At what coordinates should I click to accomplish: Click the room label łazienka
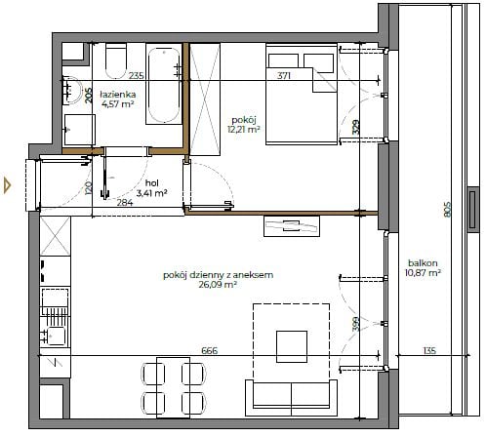(x=118, y=95)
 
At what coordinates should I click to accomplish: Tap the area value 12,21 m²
(x=244, y=130)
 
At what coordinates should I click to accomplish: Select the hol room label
(x=152, y=183)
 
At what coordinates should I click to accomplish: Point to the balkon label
(x=423, y=263)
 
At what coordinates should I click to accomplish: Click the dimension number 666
(x=210, y=351)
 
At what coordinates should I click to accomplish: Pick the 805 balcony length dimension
(x=448, y=210)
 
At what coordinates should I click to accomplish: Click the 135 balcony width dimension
(x=429, y=351)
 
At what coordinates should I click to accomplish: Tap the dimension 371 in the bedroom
(x=284, y=76)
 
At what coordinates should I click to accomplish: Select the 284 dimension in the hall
(x=125, y=203)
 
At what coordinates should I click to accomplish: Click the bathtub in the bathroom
(x=164, y=85)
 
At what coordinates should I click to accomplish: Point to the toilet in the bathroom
(x=116, y=61)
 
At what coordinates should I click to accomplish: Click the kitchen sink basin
(x=57, y=336)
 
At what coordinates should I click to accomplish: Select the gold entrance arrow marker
(x=7, y=185)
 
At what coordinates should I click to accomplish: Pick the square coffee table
(x=292, y=346)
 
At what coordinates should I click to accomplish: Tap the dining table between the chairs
(x=173, y=387)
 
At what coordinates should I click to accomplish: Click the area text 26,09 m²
(x=218, y=285)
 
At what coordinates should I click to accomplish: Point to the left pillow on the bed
(x=283, y=60)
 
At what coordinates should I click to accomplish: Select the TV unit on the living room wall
(x=292, y=226)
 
